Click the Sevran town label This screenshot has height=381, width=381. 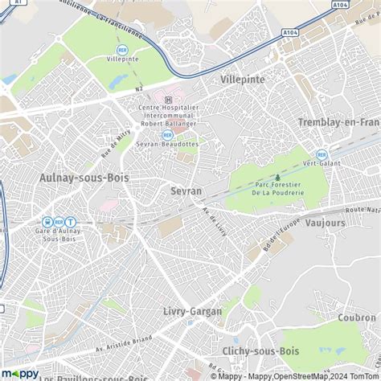pyautogui.click(x=186, y=191)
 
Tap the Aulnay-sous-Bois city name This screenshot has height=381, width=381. pyautogui.click(x=77, y=177)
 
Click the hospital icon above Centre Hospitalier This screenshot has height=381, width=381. pyautogui.click(x=168, y=100)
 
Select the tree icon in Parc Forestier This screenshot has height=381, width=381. pyautogui.click(x=278, y=178)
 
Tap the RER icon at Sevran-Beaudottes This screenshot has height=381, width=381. pyautogui.click(x=168, y=135)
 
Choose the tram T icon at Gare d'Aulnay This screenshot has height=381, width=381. pyautogui.click(x=70, y=222)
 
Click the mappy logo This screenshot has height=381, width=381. pyautogui.click(x=19, y=372)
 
